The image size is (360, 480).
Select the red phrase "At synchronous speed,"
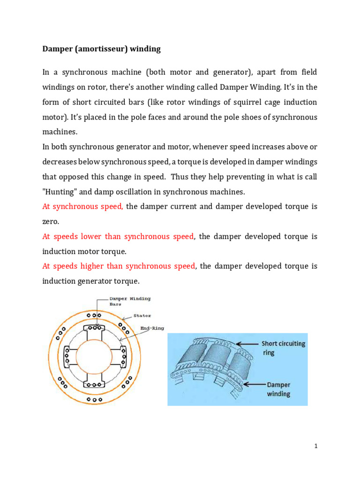point(82,206)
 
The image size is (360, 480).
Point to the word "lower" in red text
point(94,236)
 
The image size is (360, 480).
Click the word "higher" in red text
point(96,266)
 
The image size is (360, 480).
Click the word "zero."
point(51,221)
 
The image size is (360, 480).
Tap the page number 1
point(316,446)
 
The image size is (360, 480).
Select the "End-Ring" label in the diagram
point(152,329)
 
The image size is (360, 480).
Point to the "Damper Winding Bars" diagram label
point(129,301)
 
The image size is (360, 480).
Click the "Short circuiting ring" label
point(283,347)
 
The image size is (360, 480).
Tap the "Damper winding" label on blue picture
point(278,389)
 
